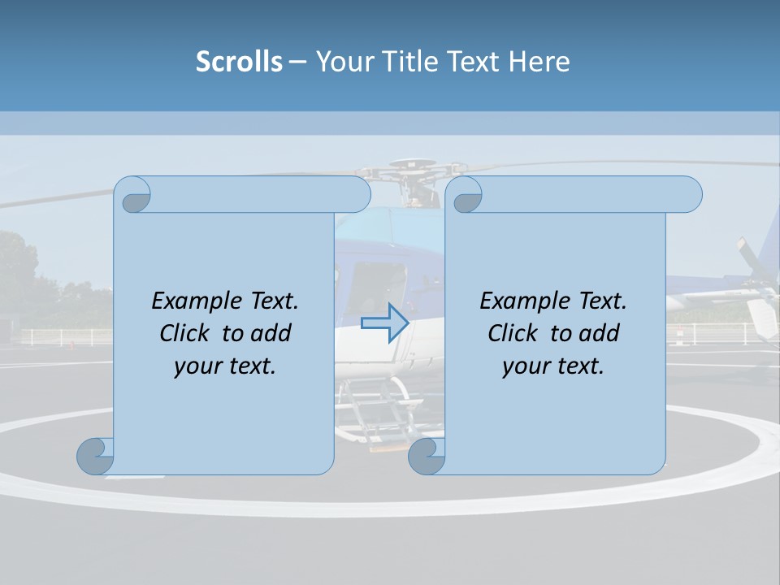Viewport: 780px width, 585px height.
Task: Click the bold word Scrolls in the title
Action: click(x=239, y=62)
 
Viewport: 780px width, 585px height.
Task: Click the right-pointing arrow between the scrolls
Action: click(x=384, y=323)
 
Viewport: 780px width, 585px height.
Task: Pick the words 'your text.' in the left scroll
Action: click(x=225, y=366)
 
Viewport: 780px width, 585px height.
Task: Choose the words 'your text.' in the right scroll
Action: click(x=553, y=366)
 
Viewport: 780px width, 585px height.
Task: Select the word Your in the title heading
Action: click(x=342, y=62)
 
